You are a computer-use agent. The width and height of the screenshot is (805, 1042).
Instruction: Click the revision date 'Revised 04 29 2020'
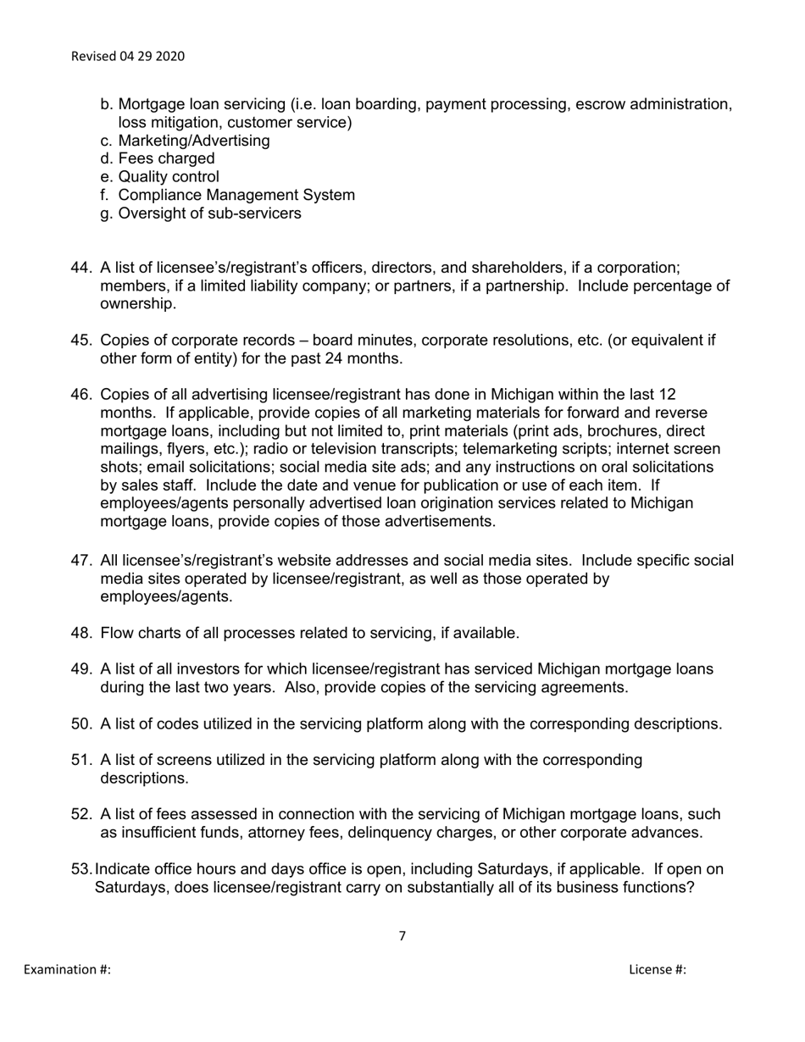pos(128,57)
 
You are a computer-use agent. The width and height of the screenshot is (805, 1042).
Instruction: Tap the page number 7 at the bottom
pos(402,936)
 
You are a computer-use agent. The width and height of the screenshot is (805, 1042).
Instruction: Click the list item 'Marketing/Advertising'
pos(194,141)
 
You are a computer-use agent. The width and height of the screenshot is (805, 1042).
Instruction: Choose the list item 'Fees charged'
pos(166,158)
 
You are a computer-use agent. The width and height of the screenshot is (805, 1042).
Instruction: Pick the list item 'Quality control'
pos(169,177)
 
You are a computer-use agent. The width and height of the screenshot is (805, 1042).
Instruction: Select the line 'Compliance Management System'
pos(236,195)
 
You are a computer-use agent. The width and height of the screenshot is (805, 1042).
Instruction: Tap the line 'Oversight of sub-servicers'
pos(209,213)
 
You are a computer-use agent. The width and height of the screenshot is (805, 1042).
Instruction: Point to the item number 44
pos(81,268)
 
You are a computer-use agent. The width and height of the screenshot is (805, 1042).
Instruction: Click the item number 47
pos(81,561)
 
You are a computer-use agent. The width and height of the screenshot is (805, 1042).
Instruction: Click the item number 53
pos(81,870)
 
